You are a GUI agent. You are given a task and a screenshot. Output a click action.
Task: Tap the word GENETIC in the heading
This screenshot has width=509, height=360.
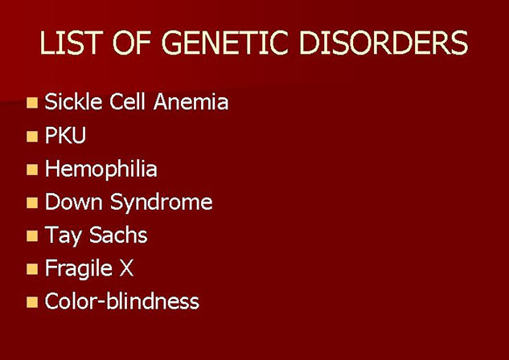[x=224, y=43]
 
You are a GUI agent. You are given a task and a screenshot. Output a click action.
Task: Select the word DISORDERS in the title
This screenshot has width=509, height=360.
[x=384, y=43]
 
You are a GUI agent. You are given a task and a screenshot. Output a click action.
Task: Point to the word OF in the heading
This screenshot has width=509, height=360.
[x=132, y=43]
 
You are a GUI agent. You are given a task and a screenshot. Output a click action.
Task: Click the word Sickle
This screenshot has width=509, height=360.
[x=74, y=101]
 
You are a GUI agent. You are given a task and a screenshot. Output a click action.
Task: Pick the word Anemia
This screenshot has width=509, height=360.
[x=191, y=101]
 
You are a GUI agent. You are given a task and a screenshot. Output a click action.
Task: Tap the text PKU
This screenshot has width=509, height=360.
[x=65, y=135]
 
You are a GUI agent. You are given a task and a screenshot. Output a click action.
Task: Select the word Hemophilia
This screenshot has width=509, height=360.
[x=101, y=169]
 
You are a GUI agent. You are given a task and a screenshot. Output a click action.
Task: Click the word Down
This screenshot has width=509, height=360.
[x=74, y=202]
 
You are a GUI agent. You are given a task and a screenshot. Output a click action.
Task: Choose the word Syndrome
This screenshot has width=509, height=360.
[x=162, y=202]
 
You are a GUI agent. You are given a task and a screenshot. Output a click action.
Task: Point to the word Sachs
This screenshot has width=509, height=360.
[x=118, y=235]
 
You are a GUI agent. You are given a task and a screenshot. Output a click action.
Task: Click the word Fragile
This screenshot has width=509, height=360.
[x=79, y=269]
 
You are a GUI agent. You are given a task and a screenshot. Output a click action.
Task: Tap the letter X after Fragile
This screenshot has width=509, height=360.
[x=126, y=268]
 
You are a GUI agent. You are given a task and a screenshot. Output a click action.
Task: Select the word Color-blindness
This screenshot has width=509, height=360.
[x=122, y=301]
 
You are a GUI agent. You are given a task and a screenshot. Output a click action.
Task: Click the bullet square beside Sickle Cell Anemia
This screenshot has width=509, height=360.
[x=32, y=103]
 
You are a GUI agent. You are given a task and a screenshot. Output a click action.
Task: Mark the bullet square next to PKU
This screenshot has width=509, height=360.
[x=32, y=137]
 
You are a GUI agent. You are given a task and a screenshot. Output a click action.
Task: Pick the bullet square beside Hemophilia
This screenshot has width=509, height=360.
[x=32, y=170]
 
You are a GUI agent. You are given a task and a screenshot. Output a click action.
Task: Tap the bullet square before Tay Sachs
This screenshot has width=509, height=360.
[x=32, y=236]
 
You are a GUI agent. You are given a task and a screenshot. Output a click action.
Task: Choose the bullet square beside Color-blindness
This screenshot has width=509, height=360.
[x=32, y=302]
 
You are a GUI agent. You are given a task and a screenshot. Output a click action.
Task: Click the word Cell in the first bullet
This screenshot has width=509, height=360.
[x=127, y=101]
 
